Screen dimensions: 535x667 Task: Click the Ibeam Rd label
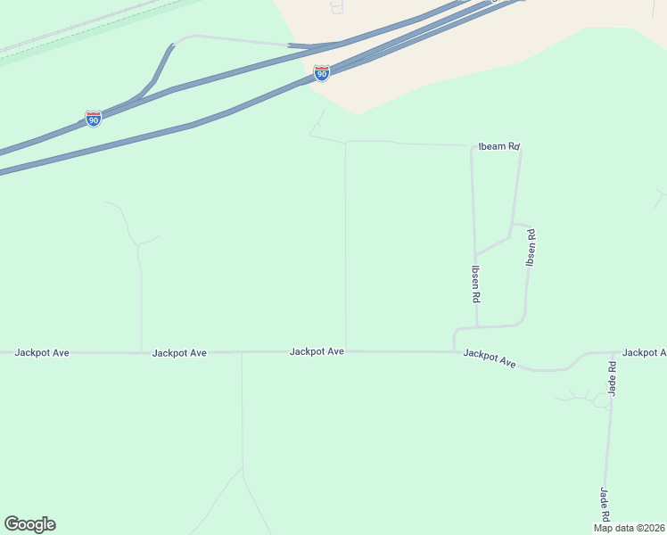[499, 146]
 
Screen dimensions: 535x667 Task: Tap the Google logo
[29, 524]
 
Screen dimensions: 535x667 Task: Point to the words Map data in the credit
[613, 528]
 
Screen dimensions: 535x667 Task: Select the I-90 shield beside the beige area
[322, 73]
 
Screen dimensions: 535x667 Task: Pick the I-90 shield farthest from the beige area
[94, 118]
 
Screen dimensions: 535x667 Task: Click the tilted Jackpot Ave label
[490, 358]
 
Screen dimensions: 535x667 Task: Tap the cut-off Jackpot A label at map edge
[644, 353]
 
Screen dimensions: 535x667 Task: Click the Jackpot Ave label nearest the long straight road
[317, 352]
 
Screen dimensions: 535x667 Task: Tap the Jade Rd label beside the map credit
[605, 505]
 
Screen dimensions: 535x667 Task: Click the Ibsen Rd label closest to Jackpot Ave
[477, 284]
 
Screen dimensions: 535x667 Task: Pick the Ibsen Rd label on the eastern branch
[531, 249]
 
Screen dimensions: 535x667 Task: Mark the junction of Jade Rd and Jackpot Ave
[613, 352]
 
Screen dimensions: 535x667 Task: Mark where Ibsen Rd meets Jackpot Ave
[455, 351]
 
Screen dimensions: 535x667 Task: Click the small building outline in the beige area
[336, 8]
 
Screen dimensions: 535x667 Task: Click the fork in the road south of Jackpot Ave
[243, 467]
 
